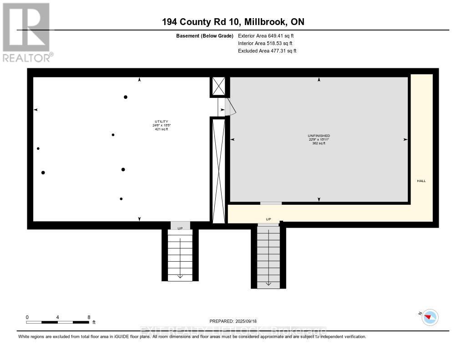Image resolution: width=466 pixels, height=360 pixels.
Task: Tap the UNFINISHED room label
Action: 319,136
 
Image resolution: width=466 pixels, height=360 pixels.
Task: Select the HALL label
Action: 421,181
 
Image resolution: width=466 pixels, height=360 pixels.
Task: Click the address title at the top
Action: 233,22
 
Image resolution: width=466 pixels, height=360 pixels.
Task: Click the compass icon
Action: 430,317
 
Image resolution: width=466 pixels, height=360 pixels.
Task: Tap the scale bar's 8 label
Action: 89,317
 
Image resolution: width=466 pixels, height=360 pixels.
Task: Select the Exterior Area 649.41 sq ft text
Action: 267,35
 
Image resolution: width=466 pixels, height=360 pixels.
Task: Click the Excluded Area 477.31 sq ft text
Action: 267,51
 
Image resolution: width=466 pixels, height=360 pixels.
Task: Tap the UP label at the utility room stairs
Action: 180,228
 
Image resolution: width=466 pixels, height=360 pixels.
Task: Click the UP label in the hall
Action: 268,219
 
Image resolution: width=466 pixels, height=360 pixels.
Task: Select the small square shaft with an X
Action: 218,86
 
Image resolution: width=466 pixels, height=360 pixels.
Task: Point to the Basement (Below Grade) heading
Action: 205,35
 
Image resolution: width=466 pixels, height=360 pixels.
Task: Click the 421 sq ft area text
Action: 161,129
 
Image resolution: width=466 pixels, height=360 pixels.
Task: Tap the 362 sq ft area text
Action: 319,143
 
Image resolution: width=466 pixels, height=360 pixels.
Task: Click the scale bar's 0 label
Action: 27,317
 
